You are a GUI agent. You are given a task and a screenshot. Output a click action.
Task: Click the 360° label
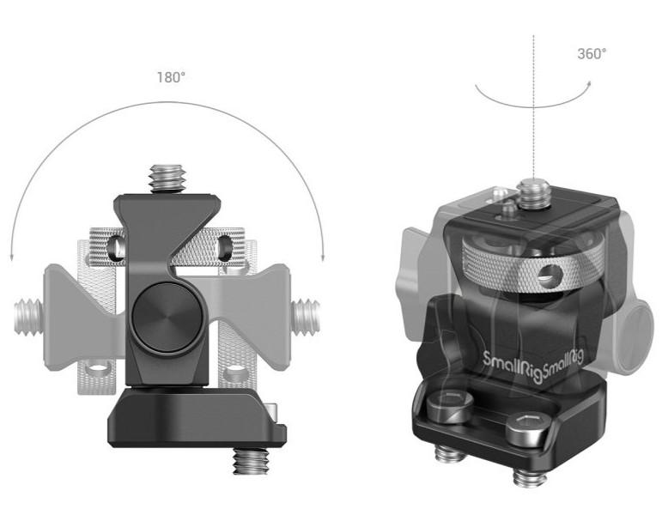pos(591,53)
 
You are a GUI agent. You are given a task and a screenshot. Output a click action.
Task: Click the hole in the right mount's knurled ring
pos(544,278)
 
